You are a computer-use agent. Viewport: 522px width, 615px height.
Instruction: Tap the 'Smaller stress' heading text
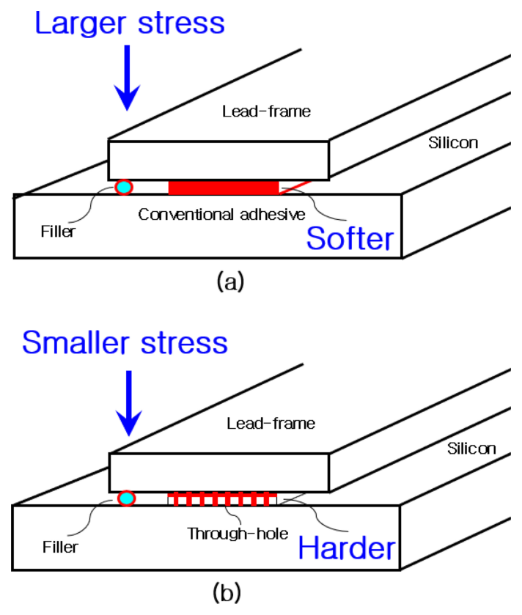(x=125, y=342)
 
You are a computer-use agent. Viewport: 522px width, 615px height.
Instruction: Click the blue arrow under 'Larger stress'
(x=128, y=77)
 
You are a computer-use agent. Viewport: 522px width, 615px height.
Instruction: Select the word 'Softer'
(x=350, y=239)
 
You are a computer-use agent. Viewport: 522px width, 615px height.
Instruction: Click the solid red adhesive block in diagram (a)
(x=224, y=188)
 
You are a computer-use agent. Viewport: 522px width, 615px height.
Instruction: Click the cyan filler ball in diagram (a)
(x=123, y=188)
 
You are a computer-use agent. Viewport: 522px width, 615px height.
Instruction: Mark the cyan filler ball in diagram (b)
(x=126, y=499)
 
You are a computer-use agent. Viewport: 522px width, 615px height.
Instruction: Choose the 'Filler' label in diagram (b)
(x=59, y=547)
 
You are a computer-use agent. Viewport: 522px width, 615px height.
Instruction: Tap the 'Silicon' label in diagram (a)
(x=453, y=143)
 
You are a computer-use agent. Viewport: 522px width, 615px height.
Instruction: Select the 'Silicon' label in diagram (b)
(x=471, y=448)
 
